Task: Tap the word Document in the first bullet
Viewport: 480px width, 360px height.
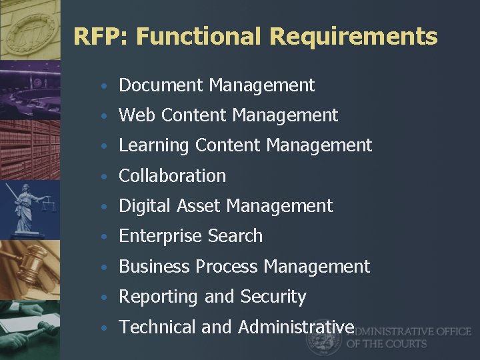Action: coord(161,85)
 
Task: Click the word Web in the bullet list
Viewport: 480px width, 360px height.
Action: coord(137,115)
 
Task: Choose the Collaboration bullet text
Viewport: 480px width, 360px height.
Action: coord(172,176)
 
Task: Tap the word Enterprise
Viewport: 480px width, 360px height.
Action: coord(161,236)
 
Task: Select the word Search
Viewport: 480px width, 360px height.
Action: coord(235,236)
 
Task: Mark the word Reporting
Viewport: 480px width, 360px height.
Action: coord(159,297)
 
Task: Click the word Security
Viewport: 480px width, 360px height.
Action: coord(273,297)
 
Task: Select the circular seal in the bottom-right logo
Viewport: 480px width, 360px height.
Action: coord(324,338)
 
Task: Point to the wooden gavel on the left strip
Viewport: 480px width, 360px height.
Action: coord(27,267)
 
